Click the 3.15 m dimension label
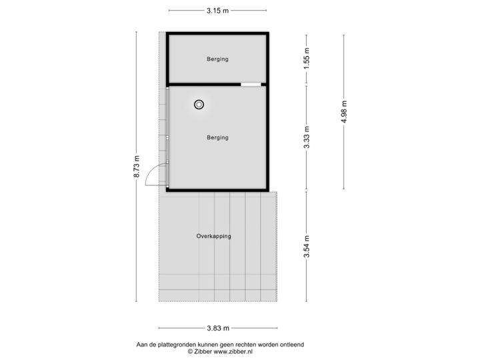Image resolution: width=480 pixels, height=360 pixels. [217, 11]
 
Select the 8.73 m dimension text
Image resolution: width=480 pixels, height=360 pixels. [137, 166]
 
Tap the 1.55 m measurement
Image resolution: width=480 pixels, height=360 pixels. [307, 59]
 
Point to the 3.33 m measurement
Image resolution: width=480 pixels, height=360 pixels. [307, 137]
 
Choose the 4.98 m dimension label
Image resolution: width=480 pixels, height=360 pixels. [344, 111]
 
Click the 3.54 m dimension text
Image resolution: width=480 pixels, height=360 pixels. [307, 247]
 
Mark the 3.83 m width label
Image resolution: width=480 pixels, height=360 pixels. [218, 328]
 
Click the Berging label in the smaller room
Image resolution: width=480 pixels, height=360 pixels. [217, 59]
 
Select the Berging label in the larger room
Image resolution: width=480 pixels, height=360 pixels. [217, 138]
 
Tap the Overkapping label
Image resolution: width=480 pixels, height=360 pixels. [214, 236]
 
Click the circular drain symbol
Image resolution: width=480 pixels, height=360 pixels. [199, 105]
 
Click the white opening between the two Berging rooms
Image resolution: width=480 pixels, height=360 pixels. [251, 85]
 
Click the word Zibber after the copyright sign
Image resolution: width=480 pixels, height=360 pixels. [203, 352]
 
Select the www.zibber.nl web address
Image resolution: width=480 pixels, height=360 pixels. [233, 352]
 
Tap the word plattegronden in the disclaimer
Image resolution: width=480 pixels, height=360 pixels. [177, 345]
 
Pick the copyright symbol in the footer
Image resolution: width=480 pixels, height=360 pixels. [191, 352]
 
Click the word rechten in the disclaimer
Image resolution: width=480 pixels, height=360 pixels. [247, 345]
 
